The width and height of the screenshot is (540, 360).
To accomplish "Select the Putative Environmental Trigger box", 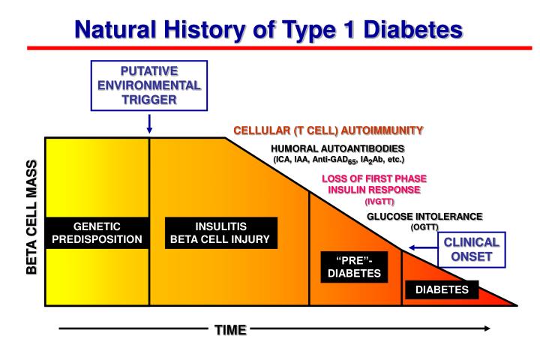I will click(150, 85).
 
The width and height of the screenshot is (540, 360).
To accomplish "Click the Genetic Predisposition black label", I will click(97, 233).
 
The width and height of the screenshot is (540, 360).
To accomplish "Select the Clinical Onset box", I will click(471, 250).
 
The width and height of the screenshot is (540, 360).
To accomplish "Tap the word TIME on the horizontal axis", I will click(230, 330).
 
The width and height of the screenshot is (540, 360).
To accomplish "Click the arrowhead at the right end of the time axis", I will click(487, 328).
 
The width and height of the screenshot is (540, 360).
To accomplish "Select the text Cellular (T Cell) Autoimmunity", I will click(328, 130).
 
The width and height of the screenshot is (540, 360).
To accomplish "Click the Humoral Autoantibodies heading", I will click(337, 148).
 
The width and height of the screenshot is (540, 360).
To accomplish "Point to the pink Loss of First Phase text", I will click(374, 178).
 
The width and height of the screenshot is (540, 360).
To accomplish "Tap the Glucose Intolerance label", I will click(424, 216).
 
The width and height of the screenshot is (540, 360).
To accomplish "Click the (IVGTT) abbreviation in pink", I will click(379, 201).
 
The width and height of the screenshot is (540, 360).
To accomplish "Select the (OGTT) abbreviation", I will click(424, 227).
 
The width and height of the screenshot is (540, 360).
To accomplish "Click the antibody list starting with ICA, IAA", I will click(337, 160).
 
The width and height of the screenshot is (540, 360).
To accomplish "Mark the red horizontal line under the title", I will click(270, 48).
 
